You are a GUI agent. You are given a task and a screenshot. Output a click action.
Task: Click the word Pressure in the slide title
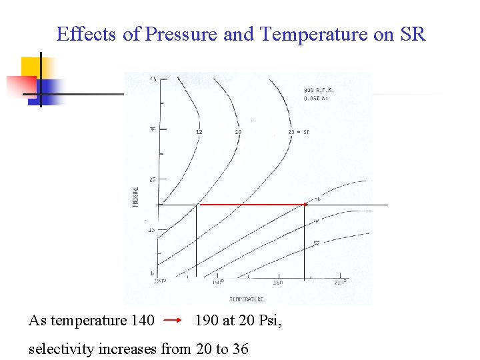(x=184, y=34)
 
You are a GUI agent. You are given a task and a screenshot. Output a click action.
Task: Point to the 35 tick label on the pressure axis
(x=153, y=129)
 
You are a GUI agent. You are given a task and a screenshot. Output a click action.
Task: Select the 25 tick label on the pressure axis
(x=153, y=179)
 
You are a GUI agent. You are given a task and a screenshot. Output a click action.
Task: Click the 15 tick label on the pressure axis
(x=152, y=230)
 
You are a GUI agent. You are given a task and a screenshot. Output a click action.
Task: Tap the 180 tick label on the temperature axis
(x=277, y=283)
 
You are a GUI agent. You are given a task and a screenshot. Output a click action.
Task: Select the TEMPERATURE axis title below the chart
(x=247, y=299)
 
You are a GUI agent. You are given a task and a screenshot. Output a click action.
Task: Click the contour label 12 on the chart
(x=199, y=132)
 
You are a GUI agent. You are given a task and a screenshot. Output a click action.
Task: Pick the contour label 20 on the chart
(x=238, y=132)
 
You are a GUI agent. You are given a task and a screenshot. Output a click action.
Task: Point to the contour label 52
(x=317, y=243)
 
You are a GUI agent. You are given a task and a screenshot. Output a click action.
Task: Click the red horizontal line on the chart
(x=253, y=205)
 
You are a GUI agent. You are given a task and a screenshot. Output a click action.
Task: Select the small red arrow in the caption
(x=173, y=321)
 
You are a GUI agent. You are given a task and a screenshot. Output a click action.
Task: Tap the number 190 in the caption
(x=207, y=321)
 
